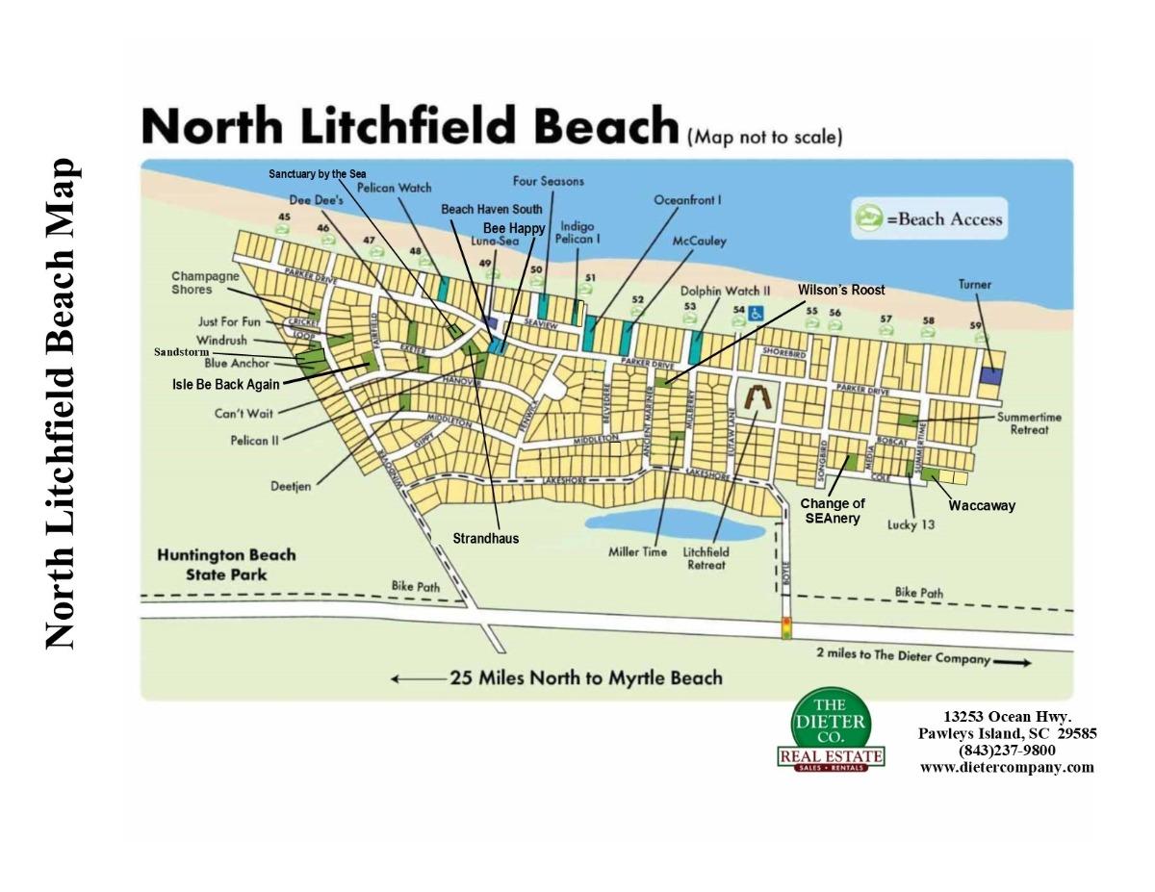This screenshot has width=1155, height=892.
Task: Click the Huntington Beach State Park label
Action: click(227, 565)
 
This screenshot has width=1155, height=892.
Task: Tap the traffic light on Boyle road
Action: click(785, 628)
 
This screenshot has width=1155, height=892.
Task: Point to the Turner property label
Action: click(974, 285)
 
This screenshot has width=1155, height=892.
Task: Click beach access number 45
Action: click(284, 217)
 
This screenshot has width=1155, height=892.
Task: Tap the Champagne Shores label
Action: click(205, 283)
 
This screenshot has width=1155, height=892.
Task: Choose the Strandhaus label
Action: click(485, 539)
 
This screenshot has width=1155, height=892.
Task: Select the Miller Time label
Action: click(637, 552)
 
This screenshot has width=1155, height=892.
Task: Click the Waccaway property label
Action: click(982, 505)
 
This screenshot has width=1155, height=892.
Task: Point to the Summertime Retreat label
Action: click(1029, 423)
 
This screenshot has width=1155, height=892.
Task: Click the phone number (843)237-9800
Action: click(1007, 751)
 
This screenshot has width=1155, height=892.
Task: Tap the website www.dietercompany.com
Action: click(1007, 767)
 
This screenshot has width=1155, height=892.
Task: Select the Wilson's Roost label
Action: click(840, 290)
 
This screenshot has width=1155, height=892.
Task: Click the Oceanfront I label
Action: click(687, 200)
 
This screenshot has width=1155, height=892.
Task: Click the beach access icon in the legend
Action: click(868, 217)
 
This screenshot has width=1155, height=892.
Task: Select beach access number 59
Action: click(976, 326)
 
